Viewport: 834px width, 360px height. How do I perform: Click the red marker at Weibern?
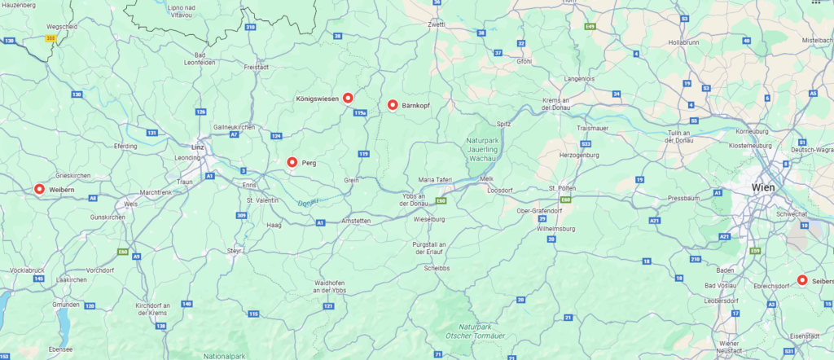tap(39, 189)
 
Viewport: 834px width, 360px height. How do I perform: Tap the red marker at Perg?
tap(292, 163)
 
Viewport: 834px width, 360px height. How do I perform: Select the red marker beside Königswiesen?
tap(348, 98)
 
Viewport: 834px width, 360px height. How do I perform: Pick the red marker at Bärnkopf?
tap(393, 105)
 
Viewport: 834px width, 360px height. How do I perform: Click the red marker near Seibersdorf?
tap(802, 280)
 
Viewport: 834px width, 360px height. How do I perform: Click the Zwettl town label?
tap(437, 24)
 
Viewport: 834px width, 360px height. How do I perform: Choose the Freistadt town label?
tap(257, 67)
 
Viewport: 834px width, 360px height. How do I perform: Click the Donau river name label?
tap(307, 202)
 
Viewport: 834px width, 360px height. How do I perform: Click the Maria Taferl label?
tap(433, 178)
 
